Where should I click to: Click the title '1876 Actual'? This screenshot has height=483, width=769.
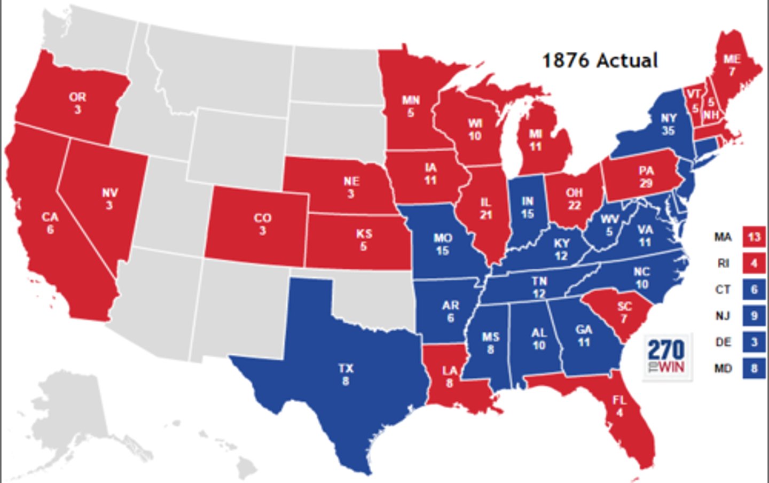pos(600,60)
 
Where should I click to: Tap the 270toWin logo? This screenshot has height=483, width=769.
pos(666,357)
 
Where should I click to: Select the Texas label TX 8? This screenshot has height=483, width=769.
pos(346,375)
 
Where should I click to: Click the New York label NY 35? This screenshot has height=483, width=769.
pos(668,124)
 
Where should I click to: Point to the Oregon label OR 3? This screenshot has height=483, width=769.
pos(77,103)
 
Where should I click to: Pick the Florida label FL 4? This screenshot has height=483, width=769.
pos(619,406)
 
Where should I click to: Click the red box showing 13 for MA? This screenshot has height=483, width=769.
pos(754,237)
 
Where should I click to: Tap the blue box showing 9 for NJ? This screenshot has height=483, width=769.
pos(754,316)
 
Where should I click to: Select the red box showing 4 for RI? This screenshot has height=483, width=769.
pos(754,263)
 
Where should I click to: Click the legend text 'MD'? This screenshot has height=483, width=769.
pos(723,368)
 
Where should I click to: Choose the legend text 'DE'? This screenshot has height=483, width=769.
pos(723,342)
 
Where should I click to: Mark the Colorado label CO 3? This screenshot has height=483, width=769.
pos(262,224)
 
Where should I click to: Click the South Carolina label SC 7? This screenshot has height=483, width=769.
pos(624,312)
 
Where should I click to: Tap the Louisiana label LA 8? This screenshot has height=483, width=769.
pos(450,376)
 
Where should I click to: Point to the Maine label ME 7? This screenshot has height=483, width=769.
pos(732,65)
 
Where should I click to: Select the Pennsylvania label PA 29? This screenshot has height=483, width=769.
pos(646,177)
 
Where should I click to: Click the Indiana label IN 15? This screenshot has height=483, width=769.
pos(527,207)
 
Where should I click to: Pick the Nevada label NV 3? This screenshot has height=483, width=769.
pos(109,198)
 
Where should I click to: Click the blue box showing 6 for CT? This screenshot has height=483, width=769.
pos(754,289)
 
